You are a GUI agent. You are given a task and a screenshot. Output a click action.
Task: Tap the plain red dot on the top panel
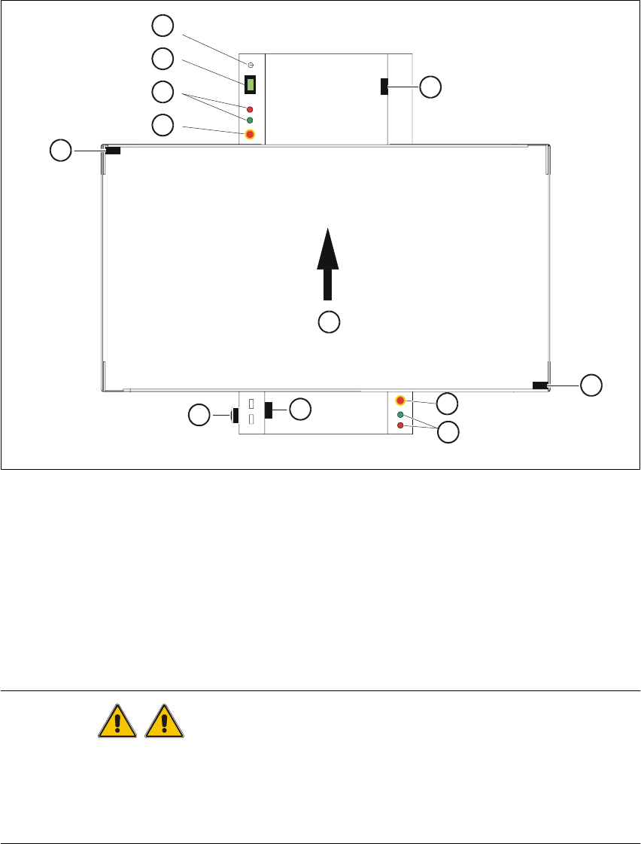pos(250,109)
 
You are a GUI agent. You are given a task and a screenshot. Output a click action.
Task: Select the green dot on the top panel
pos(250,120)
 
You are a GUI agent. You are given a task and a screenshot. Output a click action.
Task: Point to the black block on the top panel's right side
pos(384,87)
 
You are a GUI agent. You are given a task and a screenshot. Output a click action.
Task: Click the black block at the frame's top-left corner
pos(113,151)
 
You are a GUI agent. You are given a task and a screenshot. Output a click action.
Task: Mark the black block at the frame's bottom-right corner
pos(540,385)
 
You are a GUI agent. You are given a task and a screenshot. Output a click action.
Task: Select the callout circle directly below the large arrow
pos(328,322)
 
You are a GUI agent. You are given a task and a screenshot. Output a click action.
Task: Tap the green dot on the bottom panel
pos(400,415)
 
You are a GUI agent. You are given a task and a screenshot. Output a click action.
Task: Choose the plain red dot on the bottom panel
pos(400,426)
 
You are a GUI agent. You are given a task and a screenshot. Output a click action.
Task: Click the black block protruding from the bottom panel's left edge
pos(235,415)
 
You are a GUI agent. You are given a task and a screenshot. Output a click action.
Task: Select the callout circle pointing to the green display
pos(162,59)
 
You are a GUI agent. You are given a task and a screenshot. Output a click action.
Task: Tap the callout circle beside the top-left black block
pos(60,151)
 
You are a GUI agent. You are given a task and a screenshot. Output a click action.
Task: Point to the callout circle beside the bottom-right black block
pos(591,385)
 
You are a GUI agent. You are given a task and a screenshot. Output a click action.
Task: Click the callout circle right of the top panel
pos(430,87)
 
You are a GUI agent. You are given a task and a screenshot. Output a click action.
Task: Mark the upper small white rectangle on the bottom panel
pos(252,404)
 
